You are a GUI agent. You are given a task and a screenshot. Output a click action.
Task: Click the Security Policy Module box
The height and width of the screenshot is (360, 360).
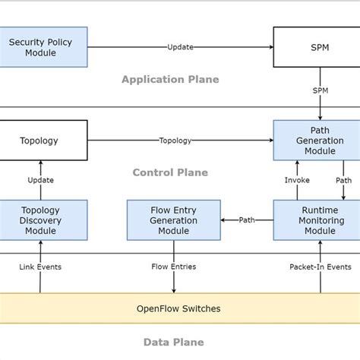tap(43, 47)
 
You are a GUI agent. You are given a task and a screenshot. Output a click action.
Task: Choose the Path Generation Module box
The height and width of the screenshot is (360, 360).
tap(316, 141)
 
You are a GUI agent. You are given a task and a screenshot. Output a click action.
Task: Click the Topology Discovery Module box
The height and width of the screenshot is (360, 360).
tap(43, 220)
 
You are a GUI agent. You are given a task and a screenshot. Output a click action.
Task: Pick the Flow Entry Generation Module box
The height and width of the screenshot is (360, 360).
tap(174, 220)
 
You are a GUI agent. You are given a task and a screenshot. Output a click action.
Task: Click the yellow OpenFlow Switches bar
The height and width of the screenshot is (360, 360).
tap(179, 308)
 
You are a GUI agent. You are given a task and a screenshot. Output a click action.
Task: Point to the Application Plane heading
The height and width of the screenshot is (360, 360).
tap(170, 79)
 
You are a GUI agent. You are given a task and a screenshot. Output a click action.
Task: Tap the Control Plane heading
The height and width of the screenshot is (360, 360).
tap(170, 172)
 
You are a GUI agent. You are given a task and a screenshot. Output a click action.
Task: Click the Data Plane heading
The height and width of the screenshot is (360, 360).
tap(174, 343)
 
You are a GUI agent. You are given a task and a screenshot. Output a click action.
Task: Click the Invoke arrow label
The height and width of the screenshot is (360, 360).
tap(297, 180)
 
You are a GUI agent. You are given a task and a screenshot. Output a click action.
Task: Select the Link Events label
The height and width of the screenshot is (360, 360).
tap(40, 267)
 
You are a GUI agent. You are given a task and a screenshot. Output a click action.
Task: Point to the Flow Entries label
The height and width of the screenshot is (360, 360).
tap(174, 267)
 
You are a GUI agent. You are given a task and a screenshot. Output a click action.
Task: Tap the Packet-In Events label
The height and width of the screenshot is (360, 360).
tap(320, 267)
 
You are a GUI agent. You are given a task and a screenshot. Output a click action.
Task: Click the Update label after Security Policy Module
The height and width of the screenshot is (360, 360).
tap(180, 47)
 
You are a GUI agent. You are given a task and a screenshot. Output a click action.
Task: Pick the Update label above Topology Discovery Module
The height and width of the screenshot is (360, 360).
tap(40, 180)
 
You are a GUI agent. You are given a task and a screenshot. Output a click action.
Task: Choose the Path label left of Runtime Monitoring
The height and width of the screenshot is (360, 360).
tap(247, 220)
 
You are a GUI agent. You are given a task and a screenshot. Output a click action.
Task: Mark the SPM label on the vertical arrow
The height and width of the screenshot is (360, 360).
tap(321, 90)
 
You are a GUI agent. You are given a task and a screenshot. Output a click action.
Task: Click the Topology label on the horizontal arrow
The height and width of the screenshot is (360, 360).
tap(175, 141)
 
